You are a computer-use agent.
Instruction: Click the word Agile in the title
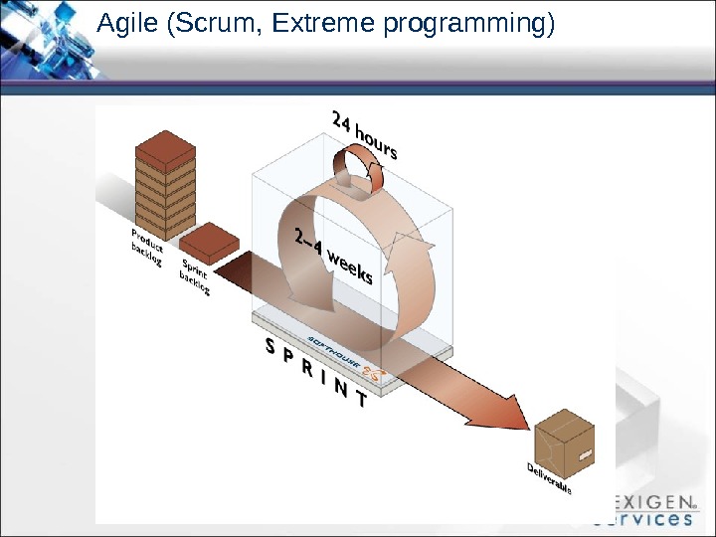click(x=125, y=24)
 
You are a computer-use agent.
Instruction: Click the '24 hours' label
click(x=364, y=135)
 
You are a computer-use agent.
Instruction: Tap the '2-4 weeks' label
click(x=334, y=256)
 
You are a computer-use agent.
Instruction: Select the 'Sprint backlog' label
click(x=195, y=277)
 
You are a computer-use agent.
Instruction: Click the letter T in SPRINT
click(x=360, y=402)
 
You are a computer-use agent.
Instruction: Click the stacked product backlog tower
click(x=165, y=189)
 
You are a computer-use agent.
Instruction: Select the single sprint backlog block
click(x=209, y=242)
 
